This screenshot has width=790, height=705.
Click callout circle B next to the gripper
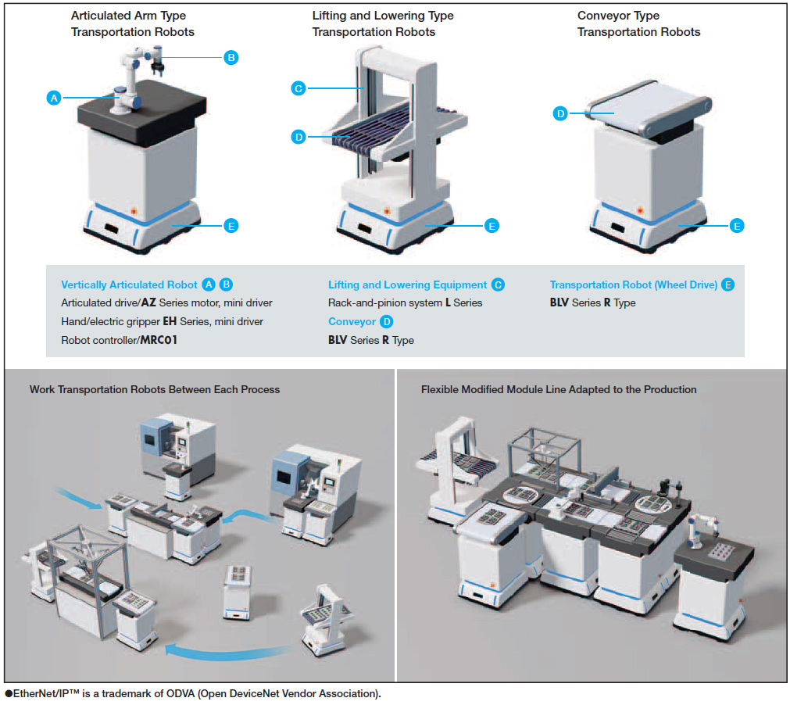coord(231,57)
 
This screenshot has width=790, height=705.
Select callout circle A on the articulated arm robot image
coord(53,98)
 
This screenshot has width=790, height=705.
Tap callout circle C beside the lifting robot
coord(298,89)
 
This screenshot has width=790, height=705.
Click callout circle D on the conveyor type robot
coord(560,114)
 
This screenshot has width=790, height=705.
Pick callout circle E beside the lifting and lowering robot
coord(491,226)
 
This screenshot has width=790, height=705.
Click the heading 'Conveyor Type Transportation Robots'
coord(638,23)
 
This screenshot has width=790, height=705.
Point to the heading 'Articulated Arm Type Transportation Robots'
coord(132,23)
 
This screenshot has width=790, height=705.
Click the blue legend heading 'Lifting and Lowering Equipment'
coord(407,285)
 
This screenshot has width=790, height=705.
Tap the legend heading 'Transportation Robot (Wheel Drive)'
coord(633,285)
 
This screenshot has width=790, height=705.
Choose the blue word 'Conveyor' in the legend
coord(352,322)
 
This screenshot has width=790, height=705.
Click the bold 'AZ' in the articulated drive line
coord(149,303)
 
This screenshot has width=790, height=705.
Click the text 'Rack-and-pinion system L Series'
coord(405,303)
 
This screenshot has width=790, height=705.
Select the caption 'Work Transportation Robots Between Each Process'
coord(154,389)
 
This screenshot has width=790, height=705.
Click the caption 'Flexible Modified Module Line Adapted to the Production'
coord(559,389)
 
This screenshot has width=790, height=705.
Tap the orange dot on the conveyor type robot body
coord(640,211)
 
